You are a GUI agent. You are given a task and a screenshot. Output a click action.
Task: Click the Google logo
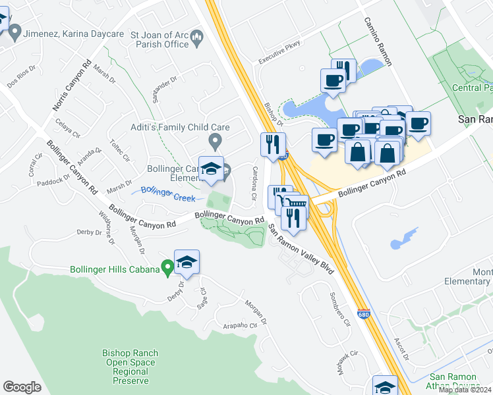(x=22, y=387)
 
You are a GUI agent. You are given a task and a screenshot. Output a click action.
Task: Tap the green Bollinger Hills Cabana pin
(x=167, y=267)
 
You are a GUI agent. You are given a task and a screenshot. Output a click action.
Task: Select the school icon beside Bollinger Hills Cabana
(x=187, y=263)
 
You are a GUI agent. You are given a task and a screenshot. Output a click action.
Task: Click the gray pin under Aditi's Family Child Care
(x=214, y=141)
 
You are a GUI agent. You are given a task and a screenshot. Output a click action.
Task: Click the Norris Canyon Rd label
(x=71, y=86)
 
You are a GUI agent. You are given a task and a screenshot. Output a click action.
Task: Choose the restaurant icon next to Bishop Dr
(x=273, y=145)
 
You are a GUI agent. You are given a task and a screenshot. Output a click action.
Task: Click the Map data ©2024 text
(x=465, y=390)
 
